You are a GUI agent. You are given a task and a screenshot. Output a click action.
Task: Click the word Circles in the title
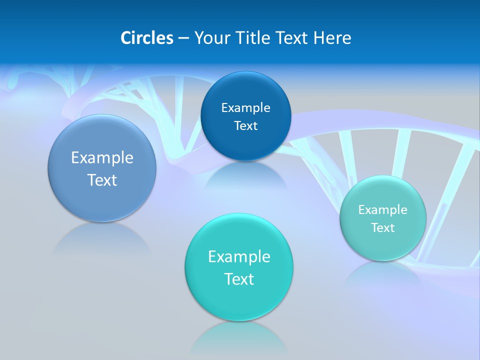click(x=146, y=38)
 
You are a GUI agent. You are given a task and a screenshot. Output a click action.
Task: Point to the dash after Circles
click(x=183, y=38)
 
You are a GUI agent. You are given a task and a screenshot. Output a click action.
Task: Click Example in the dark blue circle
click(x=245, y=107)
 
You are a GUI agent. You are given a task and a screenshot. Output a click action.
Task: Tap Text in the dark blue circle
click(x=245, y=126)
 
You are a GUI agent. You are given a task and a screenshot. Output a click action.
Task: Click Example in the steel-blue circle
click(x=102, y=158)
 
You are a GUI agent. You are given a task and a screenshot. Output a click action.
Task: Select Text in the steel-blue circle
click(x=102, y=180)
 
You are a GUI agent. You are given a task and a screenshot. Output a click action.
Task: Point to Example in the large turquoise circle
click(x=239, y=257)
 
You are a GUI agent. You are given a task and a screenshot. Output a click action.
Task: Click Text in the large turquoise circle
click(x=239, y=279)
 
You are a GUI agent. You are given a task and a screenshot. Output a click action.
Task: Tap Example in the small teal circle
click(x=383, y=210)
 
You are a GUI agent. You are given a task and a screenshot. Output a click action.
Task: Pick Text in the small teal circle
click(x=383, y=228)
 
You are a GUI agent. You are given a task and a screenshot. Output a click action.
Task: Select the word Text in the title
click(x=292, y=38)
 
